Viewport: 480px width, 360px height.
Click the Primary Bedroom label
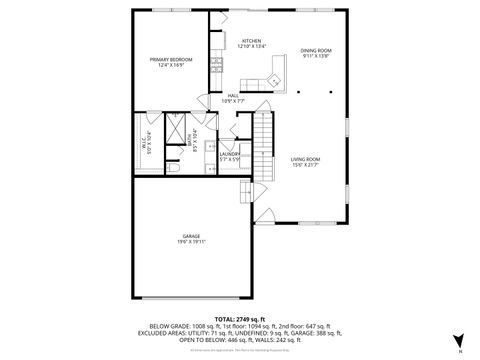pyautogui.click(x=170, y=60)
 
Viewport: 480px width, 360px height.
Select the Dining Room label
pyautogui.click(x=316, y=50)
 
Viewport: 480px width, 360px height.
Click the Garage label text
pyautogui.click(x=191, y=236)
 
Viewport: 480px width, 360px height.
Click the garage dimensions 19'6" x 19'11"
pyautogui.click(x=191, y=242)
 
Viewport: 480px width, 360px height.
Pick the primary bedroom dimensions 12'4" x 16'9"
pyautogui.click(x=170, y=66)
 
